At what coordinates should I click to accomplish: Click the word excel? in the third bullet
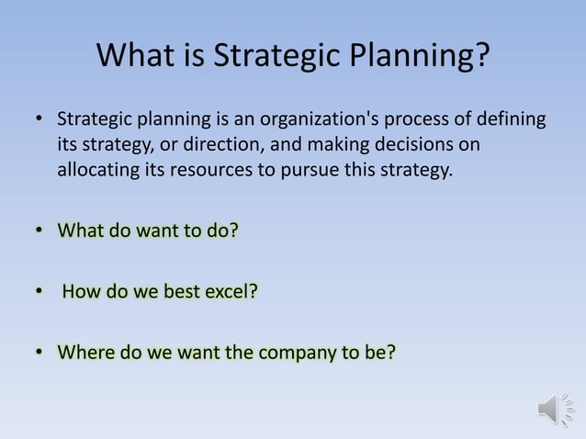coord(230,291)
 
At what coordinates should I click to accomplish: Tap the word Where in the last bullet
coord(83,352)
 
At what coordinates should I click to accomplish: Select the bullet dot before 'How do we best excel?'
coord(39,292)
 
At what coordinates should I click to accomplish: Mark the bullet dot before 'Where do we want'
coord(39,353)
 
